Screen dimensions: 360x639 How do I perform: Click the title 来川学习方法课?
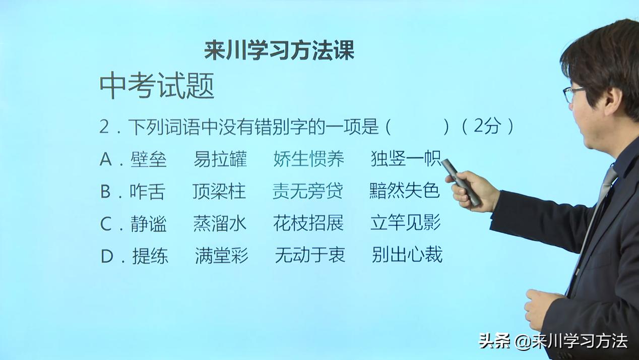[279, 50]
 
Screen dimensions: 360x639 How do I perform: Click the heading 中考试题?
[157, 86]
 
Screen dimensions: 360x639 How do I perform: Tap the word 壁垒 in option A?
[148, 159]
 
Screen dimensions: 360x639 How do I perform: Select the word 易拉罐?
[220, 159]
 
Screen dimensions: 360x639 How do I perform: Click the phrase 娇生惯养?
[308, 159]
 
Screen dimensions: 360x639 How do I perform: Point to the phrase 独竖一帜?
[406, 159]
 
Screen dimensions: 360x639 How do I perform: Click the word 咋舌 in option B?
[147, 192]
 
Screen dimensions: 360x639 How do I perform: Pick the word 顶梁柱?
[219, 192]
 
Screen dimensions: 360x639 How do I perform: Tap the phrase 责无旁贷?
[307, 191]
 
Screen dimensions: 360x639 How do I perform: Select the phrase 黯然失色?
[404, 191]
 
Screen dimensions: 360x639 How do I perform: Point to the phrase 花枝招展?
[308, 223]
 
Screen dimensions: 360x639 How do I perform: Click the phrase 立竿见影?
[405, 223]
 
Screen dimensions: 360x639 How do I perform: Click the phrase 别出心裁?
[407, 255]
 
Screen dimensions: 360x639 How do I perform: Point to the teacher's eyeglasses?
[573, 93]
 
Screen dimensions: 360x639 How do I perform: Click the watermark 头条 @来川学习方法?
[553, 341]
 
